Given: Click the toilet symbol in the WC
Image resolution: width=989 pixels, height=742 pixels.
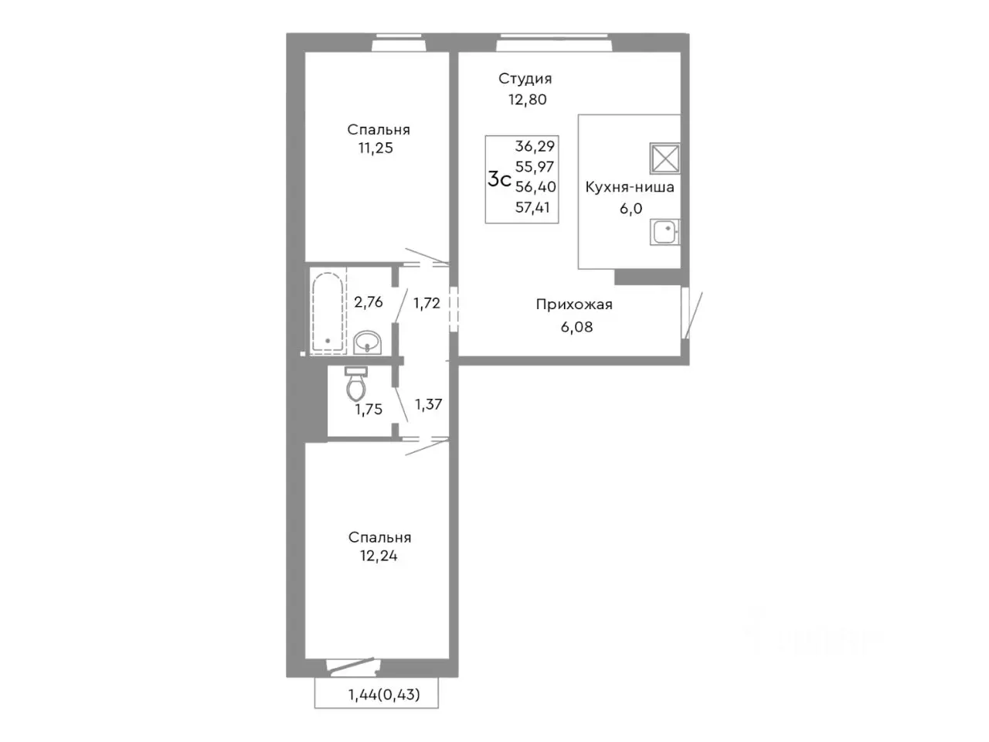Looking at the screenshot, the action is (x=356, y=383).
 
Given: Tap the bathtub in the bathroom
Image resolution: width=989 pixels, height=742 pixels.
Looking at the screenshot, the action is (x=328, y=311).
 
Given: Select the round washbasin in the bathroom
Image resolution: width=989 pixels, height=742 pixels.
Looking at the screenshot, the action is (x=368, y=342).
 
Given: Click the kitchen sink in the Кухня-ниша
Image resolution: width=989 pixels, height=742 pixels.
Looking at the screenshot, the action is (x=664, y=232).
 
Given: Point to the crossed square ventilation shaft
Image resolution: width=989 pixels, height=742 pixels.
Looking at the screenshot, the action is (x=664, y=158).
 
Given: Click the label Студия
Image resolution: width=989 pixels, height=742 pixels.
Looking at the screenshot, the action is (x=525, y=79).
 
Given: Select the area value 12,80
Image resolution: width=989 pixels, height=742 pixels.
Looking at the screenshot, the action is (x=528, y=99).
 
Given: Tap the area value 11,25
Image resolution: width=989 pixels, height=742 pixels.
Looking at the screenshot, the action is (x=376, y=148).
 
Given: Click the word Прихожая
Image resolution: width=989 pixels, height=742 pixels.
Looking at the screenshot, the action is (x=574, y=305).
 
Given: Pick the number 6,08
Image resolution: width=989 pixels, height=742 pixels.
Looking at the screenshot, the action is (x=576, y=327).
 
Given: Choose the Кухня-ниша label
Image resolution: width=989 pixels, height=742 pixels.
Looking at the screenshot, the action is (x=630, y=187).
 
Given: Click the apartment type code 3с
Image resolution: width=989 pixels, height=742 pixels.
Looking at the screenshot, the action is (x=500, y=180).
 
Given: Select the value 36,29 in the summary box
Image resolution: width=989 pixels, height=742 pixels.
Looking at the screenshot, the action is (x=535, y=146).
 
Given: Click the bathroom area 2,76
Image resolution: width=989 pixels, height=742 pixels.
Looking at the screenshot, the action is (x=369, y=302).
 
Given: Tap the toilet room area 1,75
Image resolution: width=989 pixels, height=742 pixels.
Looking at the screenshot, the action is (x=369, y=410).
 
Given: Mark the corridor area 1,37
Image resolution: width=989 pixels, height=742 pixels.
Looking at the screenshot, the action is (x=429, y=404).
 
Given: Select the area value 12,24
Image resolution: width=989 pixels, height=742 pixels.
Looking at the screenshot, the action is (x=379, y=556).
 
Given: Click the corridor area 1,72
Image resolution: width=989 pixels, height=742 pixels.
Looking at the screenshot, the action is (x=427, y=303).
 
